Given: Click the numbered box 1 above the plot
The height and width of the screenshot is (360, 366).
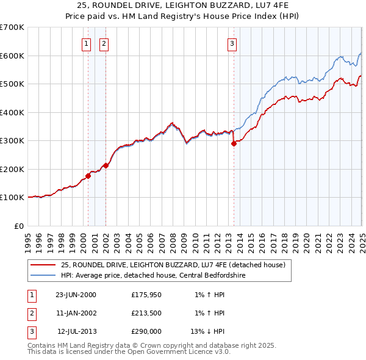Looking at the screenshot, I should (x=86, y=43).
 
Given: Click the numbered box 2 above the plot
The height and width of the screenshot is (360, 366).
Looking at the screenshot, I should (x=104, y=43).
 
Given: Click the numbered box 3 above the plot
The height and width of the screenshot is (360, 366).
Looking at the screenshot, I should (x=232, y=43).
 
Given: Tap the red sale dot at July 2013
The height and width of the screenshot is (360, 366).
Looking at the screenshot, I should (x=234, y=144).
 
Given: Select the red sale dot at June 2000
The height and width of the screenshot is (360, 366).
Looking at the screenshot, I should (x=88, y=176).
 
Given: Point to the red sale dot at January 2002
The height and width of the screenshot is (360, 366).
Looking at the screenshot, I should (x=106, y=165).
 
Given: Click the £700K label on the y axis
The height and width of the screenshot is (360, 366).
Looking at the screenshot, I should (x=12, y=27).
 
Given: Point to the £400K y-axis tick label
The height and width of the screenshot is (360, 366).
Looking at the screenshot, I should (x=12, y=112).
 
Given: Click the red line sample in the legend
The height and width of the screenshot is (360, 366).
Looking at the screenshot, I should (x=43, y=265).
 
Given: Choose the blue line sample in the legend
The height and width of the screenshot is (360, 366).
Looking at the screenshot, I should (x=43, y=275).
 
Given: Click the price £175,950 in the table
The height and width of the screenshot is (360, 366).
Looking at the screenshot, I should (x=146, y=295).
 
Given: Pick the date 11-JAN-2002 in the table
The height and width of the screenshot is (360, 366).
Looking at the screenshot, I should (x=76, y=314).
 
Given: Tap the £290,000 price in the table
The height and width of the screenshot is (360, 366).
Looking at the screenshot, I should (x=146, y=332).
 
